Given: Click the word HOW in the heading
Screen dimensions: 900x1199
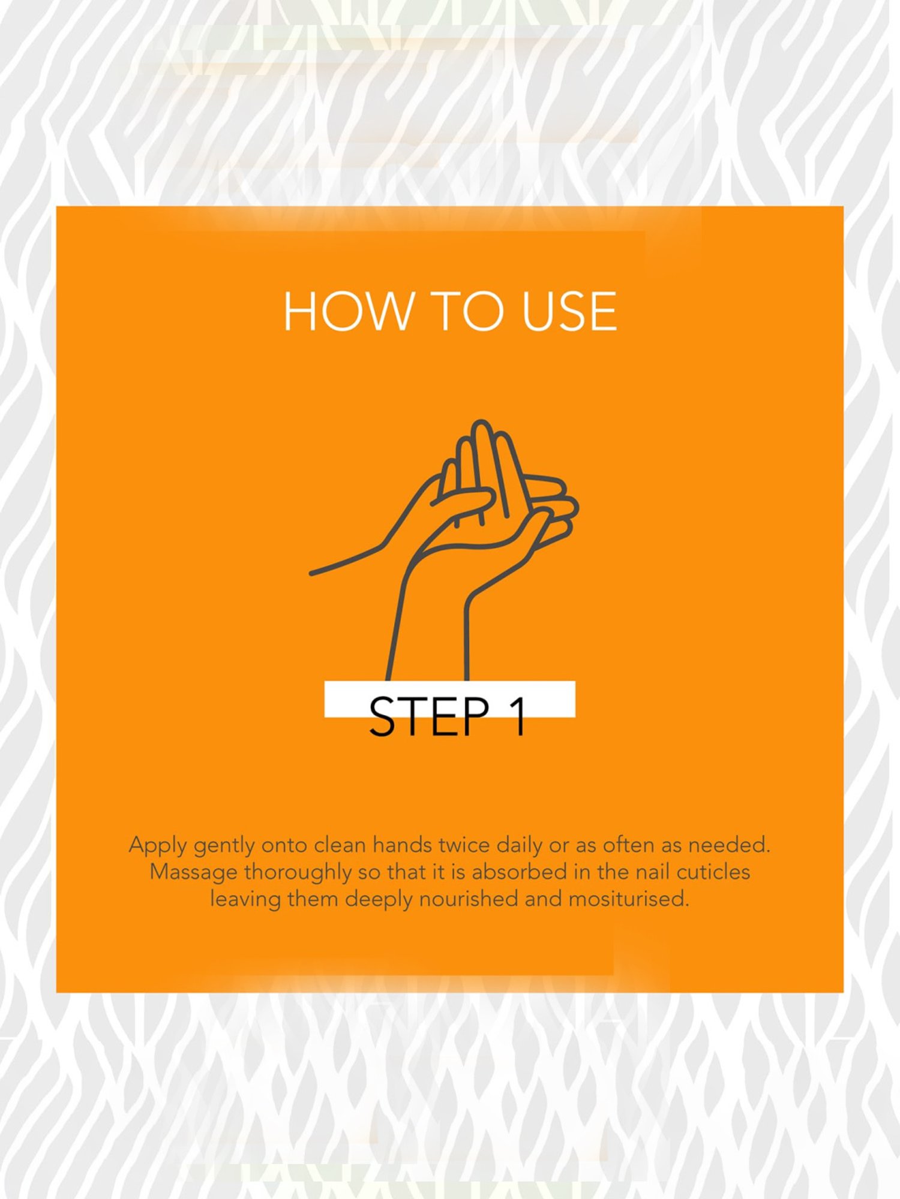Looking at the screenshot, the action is coord(349,311).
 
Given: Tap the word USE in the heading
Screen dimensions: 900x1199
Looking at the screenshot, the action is coord(569,311).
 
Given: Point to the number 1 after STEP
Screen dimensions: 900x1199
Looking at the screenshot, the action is coord(518,716).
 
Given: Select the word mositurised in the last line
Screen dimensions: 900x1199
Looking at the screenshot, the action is coord(628,899).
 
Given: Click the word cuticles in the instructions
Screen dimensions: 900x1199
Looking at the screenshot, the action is coord(713,872).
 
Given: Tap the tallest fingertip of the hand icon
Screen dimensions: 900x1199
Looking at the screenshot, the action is coord(481,423).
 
